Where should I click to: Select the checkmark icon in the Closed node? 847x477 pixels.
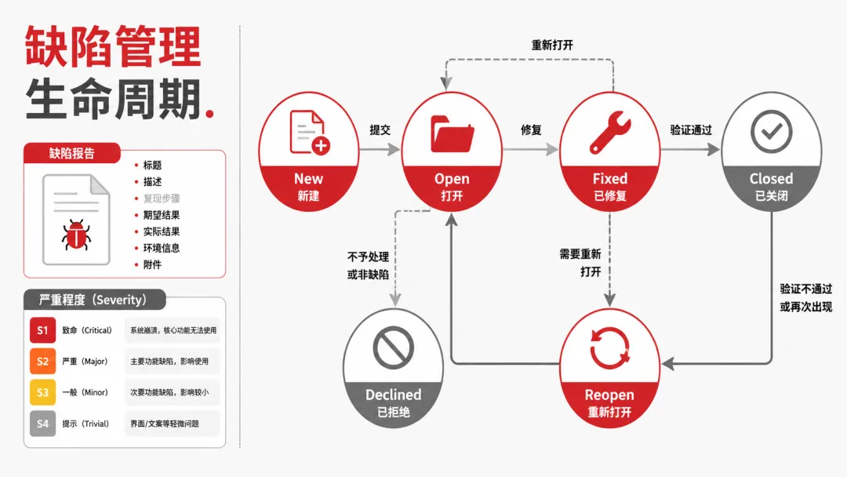(x=772, y=131)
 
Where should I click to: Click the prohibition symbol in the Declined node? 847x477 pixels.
(x=393, y=348)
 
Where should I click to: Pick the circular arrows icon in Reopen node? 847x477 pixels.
(x=609, y=348)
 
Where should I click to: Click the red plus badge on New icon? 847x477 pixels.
(x=321, y=145)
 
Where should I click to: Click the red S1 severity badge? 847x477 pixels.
(x=42, y=330)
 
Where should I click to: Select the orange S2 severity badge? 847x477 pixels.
(x=42, y=362)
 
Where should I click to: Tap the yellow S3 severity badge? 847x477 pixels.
(x=42, y=393)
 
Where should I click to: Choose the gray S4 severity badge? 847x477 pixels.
(x=42, y=424)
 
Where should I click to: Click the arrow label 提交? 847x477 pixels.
(x=380, y=129)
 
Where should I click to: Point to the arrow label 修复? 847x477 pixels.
(x=531, y=129)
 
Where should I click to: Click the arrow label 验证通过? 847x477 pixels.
(x=691, y=129)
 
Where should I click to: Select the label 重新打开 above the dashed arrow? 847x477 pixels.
(x=552, y=45)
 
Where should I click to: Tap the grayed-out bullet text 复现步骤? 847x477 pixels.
(x=162, y=198)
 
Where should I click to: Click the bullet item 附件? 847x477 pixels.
(x=152, y=264)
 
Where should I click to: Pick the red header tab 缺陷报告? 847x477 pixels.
(x=72, y=154)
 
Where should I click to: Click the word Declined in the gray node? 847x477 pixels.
(x=393, y=395)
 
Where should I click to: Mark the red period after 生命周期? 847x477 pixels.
(x=210, y=113)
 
